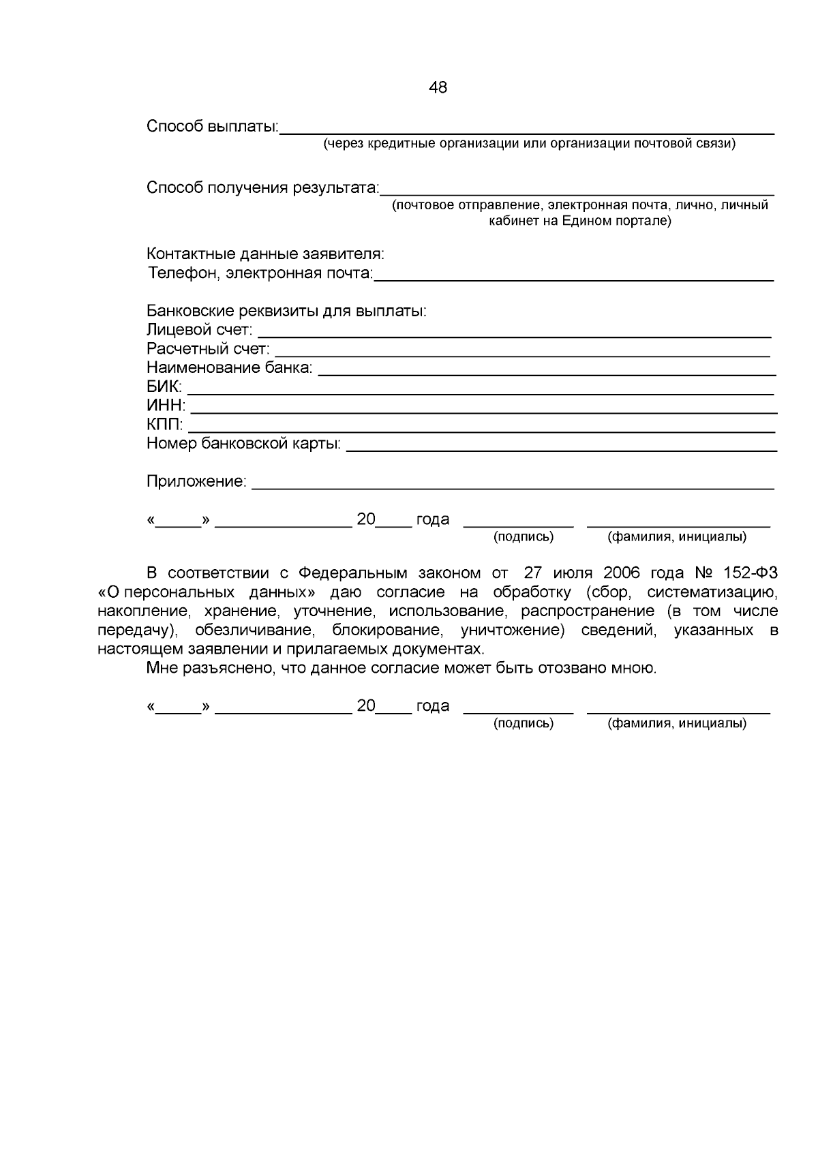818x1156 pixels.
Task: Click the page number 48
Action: pyautogui.click(x=438, y=87)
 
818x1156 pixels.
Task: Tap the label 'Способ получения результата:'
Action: pyautogui.click(x=262, y=187)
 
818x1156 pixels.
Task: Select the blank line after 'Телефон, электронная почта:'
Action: pyautogui.click(x=574, y=280)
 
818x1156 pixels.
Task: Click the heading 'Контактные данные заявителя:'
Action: pyautogui.click(x=266, y=254)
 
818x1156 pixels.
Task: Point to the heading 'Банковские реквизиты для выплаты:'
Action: pyautogui.click(x=286, y=311)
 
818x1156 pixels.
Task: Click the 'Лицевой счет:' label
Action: pyautogui.click(x=199, y=331)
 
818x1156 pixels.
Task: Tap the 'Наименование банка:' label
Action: pyautogui.click(x=230, y=368)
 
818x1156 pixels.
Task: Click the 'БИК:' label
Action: pyautogui.click(x=164, y=387)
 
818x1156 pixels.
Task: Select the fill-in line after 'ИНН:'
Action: pyautogui.click(x=483, y=412)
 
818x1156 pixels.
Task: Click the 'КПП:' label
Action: pyautogui.click(x=165, y=425)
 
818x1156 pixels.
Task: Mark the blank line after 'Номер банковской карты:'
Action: pyautogui.click(x=562, y=451)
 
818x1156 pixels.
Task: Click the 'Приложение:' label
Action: pyautogui.click(x=196, y=482)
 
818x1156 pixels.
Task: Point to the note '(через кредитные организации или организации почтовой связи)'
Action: pyautogui.click(x=529, y=144)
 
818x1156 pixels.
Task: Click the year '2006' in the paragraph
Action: pyautogui.click(x=621, y=573)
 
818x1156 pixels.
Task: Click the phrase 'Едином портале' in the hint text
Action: pyautogui.click(x=614, y=221)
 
